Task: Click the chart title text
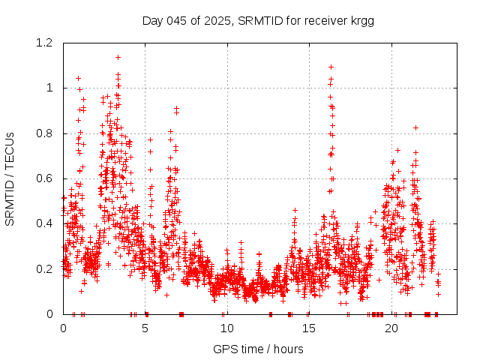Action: pos(258,20)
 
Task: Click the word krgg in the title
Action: pos(361,20)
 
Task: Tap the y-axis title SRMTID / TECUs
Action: pos(10,178)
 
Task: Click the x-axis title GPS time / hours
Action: pos(258,349)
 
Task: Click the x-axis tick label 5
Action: pos(145,328)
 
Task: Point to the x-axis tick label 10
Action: pos(226,328)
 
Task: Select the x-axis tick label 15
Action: pos(308,328)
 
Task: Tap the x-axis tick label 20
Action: pos(390,328)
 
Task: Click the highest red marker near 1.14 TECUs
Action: pos(118,57)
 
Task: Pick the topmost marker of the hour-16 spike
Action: pos(331,67)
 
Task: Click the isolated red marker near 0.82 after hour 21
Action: pos(415,127)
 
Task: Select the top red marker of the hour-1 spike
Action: pos(78,78)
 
